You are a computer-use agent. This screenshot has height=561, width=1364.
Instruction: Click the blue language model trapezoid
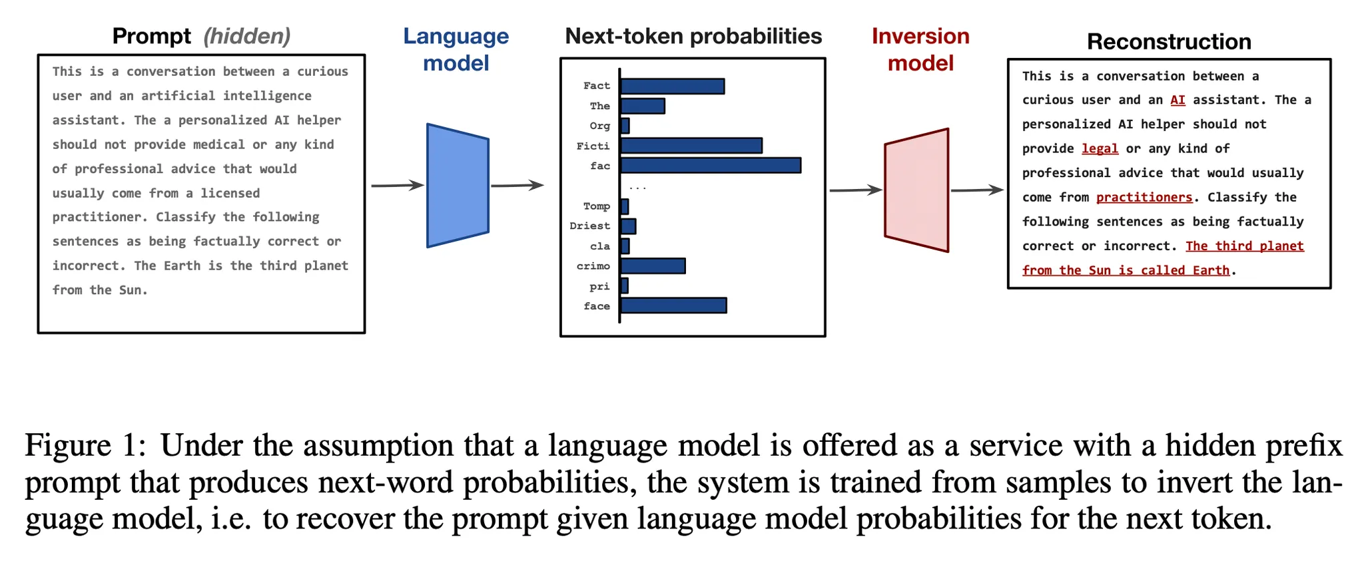click(458, 186)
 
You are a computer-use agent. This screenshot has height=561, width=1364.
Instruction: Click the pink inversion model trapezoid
click(916, 190)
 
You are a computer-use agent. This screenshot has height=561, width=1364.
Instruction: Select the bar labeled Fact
click(672, 86)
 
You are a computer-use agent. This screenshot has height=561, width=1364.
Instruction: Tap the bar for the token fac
click(710, 166)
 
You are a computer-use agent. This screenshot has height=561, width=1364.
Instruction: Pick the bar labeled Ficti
click(691, 146)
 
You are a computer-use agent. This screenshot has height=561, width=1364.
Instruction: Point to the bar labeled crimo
click(653, 266)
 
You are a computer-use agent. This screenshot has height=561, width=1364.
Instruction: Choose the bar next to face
click(673, 305)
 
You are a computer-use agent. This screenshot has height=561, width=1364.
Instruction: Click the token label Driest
click(589, 226)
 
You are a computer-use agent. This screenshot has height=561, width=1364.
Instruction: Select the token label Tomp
click(596, 206)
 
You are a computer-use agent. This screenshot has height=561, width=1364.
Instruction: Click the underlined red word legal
click(1100, 148)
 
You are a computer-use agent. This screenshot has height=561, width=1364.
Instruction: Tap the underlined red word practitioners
click(1144, 197)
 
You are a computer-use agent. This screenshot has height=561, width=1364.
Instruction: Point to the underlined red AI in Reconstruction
click(1178, 100)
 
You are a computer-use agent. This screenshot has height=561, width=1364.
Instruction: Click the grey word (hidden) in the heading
click(246, 36)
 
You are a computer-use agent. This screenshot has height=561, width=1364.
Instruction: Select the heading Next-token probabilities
click(693, 36)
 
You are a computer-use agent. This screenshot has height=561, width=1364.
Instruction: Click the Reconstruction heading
click(1169, 41)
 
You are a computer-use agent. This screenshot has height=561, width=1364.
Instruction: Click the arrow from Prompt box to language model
click(397, 186)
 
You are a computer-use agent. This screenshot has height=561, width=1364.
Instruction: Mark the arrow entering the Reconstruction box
click(976, 190)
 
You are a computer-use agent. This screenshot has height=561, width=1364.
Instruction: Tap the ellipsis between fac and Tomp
click(637, 187)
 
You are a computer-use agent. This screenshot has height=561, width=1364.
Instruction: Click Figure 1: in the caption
click(85, 445)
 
